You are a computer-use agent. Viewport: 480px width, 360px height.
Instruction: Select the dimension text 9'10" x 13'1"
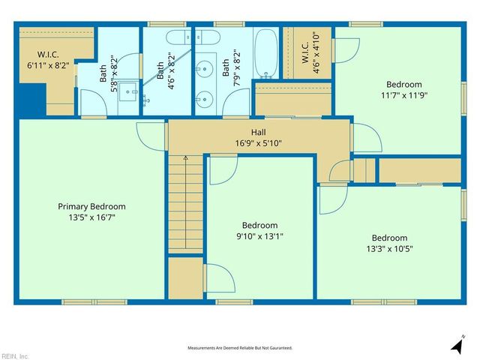[259, 235]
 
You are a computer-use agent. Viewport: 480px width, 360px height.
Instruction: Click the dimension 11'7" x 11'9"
[403, 95]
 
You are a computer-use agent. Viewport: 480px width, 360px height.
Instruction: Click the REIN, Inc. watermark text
[15, 355]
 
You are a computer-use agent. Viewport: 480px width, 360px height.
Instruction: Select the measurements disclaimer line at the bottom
[239, 348]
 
